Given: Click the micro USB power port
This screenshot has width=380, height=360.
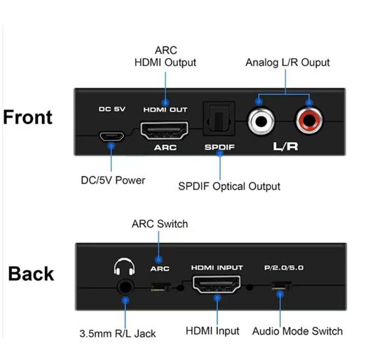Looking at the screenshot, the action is pyautogui.click(x=111, y=136).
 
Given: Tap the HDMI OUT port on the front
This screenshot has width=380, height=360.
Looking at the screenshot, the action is pyautogui.click(x=164, y=131).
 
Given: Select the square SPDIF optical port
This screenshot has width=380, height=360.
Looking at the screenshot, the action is pyautogui.click(x=219, y=119).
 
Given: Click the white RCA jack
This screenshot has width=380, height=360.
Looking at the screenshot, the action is pyautogui.click(x=261, y=121).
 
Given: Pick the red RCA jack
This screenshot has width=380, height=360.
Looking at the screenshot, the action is pyautogui.click(x=308, y=121).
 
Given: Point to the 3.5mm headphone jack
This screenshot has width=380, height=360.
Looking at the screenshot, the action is pyautogui.click(x=125, y=288).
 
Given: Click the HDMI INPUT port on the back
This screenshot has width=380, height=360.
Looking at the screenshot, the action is pyautogui.click(x=217, y=284).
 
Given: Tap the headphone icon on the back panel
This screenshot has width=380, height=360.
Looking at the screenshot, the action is pyautogui.click(x=124, y=267).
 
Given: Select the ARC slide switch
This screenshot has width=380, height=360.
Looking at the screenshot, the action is pyautogui.click(x=160, y=287).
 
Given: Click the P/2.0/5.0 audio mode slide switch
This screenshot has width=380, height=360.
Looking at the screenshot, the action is pyautogui.click(x=281, y=286).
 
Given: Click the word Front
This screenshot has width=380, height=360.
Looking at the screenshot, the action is pyautogui.click(x=27, y=117).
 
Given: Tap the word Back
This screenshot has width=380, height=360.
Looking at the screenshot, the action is pyautogui.click(x=31, y=274).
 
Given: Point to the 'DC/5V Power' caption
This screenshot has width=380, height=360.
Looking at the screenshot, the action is pyautogui.click(x=113, y=180).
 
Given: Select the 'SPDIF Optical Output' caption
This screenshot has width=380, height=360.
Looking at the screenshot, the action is pyautogui.click(x=229, y=186).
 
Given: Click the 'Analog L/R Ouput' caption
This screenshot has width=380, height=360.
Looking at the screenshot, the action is pyautogui.click(x=287, y=62).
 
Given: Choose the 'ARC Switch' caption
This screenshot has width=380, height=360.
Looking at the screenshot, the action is pyautogui.click(x=160, y=224).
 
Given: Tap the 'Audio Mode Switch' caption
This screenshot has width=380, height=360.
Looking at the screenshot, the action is pyautogui.click(x=297, y=331).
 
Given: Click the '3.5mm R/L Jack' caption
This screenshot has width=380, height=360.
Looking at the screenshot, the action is pyautogui.click(x=118, y=333).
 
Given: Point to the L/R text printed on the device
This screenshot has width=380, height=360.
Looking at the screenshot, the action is pyautogui.click(x=285, y=146).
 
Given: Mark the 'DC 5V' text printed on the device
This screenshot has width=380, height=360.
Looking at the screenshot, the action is pyautogui.click(x=111, y=109).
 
